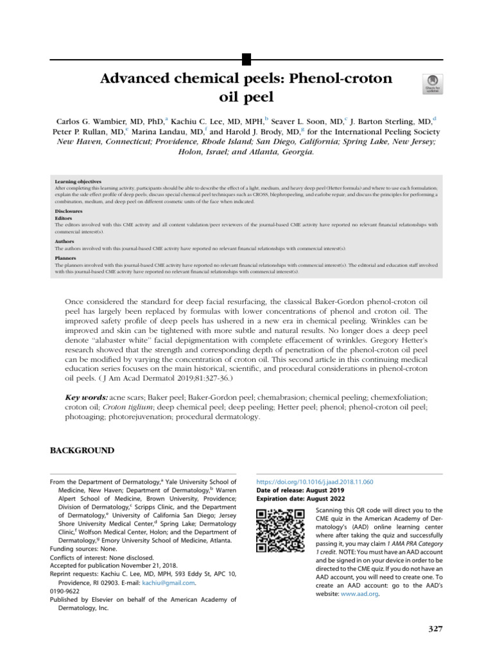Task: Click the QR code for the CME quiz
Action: [x=280, y=530]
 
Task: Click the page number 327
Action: [x=435, y=628]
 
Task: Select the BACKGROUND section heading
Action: [x=82, y=450]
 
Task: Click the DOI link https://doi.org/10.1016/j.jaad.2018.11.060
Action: [x=315, y=481]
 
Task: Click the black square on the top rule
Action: [x=246, y=60]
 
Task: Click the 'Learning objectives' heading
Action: [x=78, y=182]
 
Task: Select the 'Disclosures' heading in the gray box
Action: [x=69, y=210]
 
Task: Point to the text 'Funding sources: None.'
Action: [x=85, y=549]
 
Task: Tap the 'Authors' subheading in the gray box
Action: [x=65, y=241]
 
